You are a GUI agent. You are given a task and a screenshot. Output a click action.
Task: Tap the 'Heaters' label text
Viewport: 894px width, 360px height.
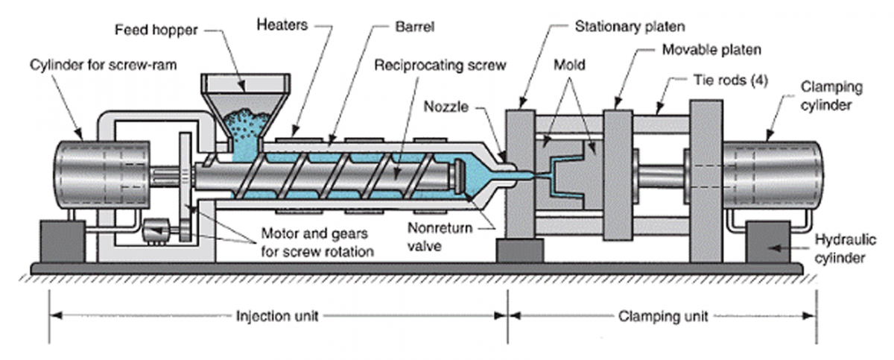[282, 25]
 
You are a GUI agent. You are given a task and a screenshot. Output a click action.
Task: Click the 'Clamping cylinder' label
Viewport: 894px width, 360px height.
[831, 97]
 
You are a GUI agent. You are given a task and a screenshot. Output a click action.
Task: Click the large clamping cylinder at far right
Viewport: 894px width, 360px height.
[779, 177]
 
